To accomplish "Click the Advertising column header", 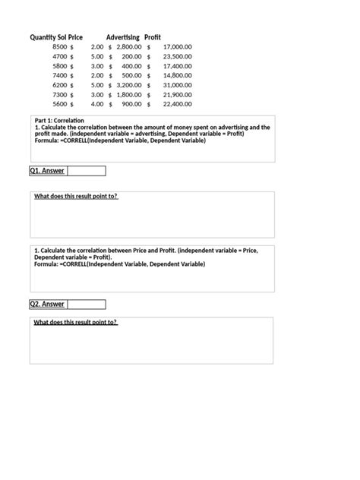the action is [122, 37].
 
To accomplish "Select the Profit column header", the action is [153, 37].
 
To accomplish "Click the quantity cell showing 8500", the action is [60, 47].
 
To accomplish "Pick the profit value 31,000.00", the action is [177, 85].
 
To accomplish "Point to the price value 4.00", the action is [96, 104].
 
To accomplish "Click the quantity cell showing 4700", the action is [60, 56].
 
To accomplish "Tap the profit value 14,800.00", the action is [177, 75].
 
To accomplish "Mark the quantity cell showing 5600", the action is [60, 104].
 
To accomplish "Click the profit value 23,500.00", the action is [177, 56].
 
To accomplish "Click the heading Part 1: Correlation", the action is [59, 121].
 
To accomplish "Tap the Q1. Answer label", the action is [47, 171].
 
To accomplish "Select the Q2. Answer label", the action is [47, 305].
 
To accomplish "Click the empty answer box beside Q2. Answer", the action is [86, 305].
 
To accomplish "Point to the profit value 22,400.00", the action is [177, 104].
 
